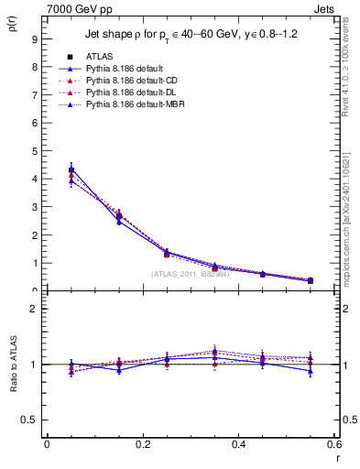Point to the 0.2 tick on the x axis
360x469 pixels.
142,444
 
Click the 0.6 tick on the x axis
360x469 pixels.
334,444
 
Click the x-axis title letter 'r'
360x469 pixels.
337,458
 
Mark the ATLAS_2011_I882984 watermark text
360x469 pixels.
191,274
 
